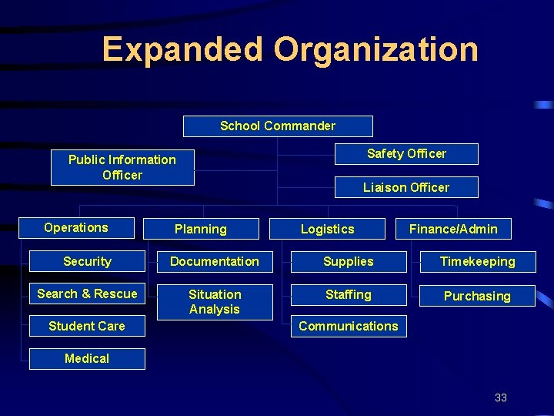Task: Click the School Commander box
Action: pyautogui.click(x=278, y=126)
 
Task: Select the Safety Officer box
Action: pyautogui.click(x=406, y=153)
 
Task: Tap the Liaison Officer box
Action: pyautogui.click(x=406, y=187)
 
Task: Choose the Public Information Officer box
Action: pyautogui.click(x=122, y=167)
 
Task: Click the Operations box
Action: pyautogui.click(x=76, y=227)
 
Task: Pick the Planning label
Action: pyautogui.click(x=201, y=229)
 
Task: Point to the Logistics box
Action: pyautogui.click(x=328, y=229)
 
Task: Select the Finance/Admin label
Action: pyautogui.click(x=453, y=229)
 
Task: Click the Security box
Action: pyautogui.click(x=87, y=261)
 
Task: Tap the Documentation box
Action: pyautogui.click(x=215, y=261)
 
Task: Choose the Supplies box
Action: pyautogui.click(x=349, y=261)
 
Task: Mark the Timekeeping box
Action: pyautogui.click(x=477, y=261)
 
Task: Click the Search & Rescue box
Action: pyautogui.click(x=87, y=294)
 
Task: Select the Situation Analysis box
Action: pyautogui.click(x=215, y=302)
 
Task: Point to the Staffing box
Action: pyautogui.click(x=349, y=294)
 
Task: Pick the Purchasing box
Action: pyautogui.click(x=477, y=296)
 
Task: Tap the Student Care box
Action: pyautogui.click(x=87, y=326)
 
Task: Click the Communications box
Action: pyautogui.click(x=349, y=326)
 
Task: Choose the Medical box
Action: pyautogui.click(x=87, y=358)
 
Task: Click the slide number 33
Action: pyautogui.click(x=501, y=398)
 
